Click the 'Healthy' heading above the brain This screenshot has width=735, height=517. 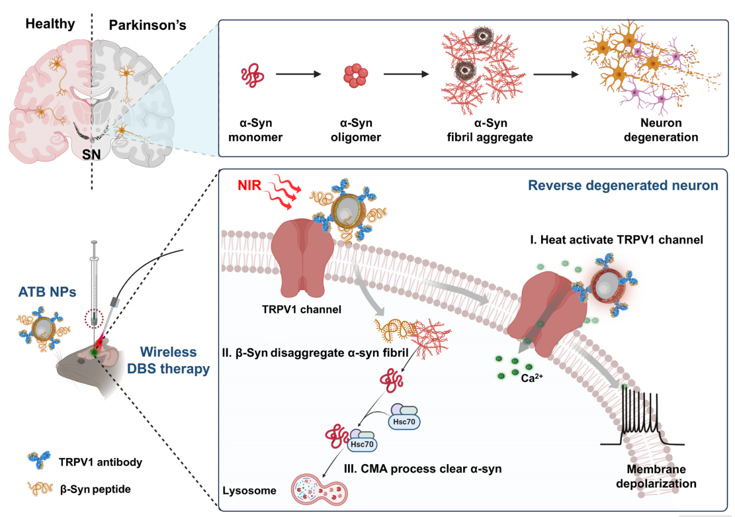[50, 24]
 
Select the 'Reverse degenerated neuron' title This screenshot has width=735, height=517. [623, 185]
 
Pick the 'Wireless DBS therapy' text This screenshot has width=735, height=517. [175, 359]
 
